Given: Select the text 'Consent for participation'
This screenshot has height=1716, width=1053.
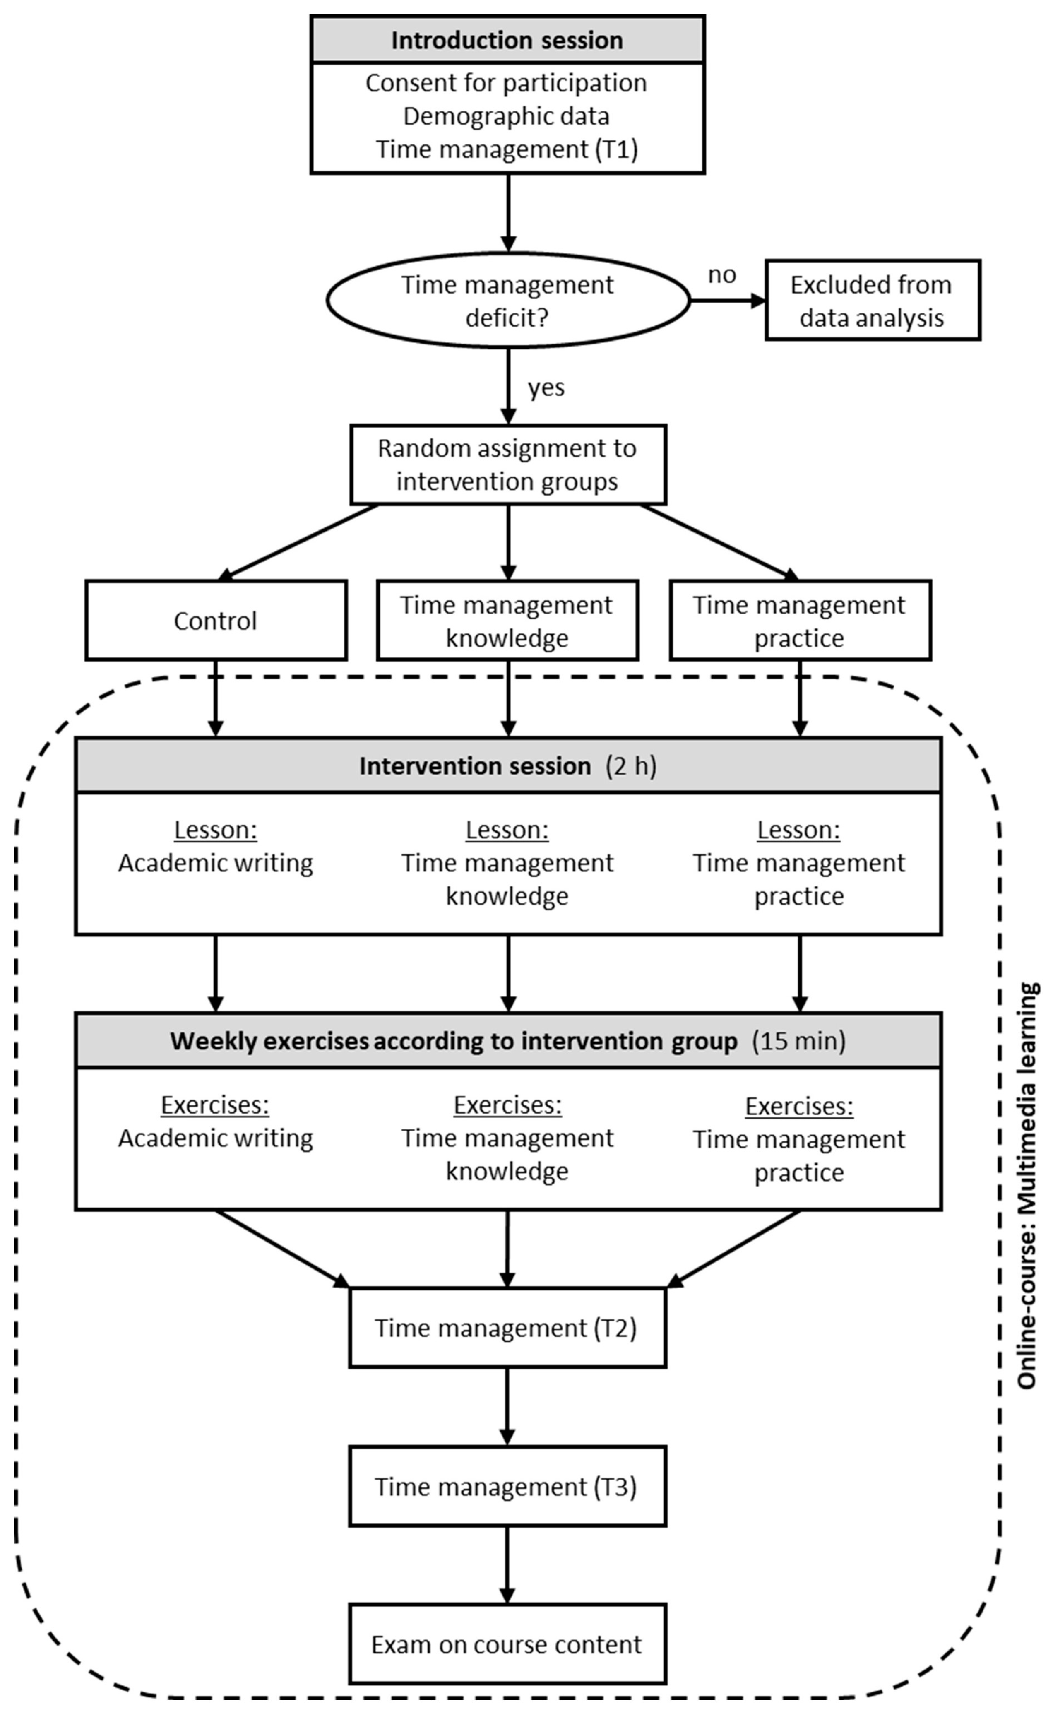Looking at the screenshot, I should point(506,83).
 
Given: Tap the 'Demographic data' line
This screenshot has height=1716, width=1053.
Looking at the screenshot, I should point(506,116).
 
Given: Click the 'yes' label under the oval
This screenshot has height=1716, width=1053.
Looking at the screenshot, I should point(546,387).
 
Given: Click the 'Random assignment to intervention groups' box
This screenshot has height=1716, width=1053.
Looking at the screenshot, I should point(508,464).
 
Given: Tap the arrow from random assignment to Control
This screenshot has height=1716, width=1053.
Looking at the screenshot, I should point(299,542).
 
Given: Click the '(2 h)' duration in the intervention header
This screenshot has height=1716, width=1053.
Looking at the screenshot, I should point(631,766).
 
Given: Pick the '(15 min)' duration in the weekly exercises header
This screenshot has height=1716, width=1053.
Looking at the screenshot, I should point(799,1040).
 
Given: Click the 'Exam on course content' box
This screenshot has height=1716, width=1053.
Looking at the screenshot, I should point(507,1645).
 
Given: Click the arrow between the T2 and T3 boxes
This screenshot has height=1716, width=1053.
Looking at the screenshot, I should point(507,1407).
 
